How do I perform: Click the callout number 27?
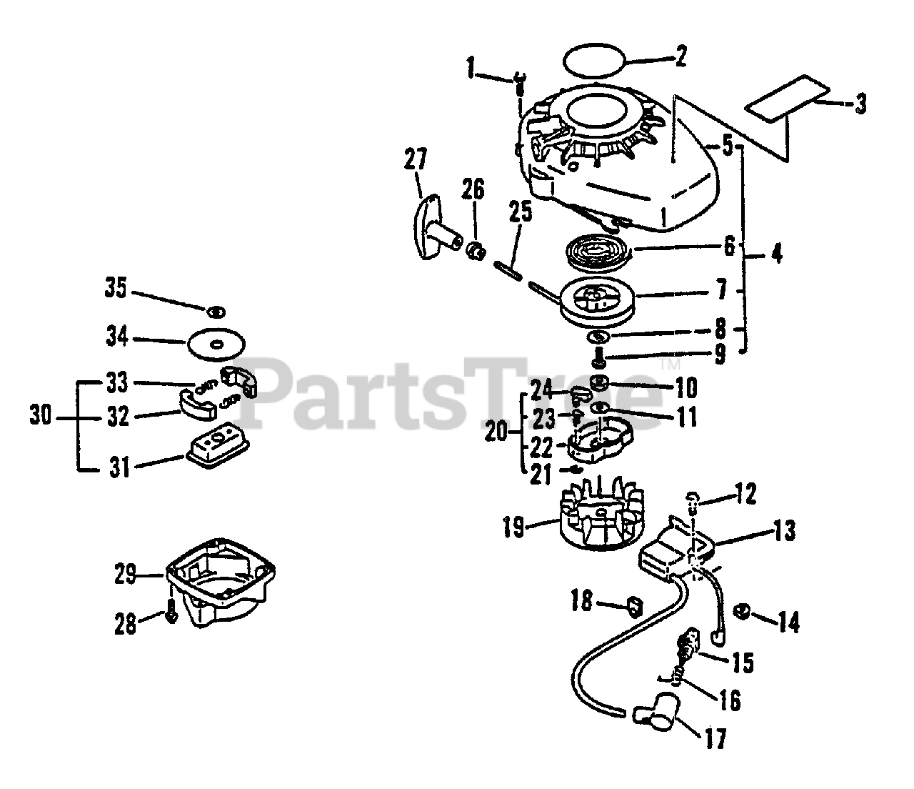(415, 159)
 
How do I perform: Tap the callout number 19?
(514, 528)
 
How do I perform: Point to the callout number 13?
(783, 532)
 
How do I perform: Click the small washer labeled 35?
(216, 312)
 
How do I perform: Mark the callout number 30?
(41, 415)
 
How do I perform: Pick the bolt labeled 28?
(171, 612)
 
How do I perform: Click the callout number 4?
(775, 253)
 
